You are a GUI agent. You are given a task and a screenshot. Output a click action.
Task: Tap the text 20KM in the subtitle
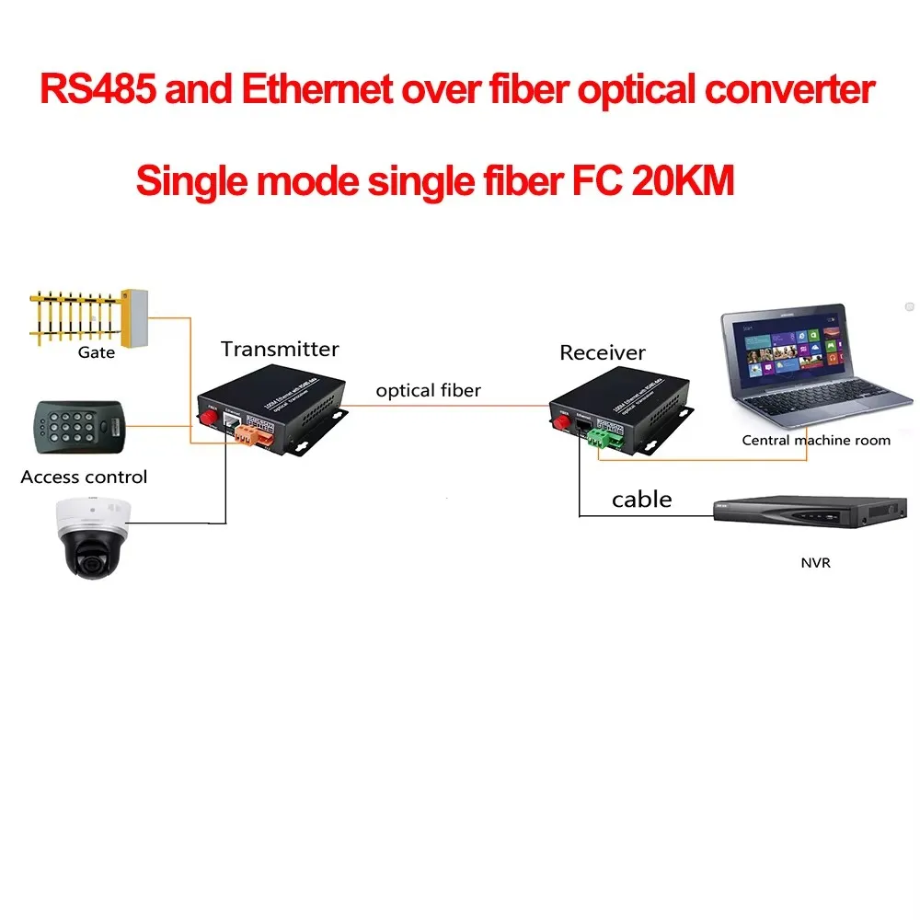coord(684,180)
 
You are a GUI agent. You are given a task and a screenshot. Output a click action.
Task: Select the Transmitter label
coord(280,349)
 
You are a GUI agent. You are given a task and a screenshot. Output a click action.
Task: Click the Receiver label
coord(603,352)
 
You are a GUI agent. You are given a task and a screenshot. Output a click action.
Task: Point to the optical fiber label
coord(428,390)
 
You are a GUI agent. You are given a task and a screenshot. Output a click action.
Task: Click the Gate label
coord(97,352)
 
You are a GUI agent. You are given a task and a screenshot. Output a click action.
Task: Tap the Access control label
coord(84,477)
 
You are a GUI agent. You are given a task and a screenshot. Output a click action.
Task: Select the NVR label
coord(815,562)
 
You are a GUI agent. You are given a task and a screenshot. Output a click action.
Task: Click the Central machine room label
coord(816,440)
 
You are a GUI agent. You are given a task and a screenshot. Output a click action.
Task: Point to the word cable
coord(642,500)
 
